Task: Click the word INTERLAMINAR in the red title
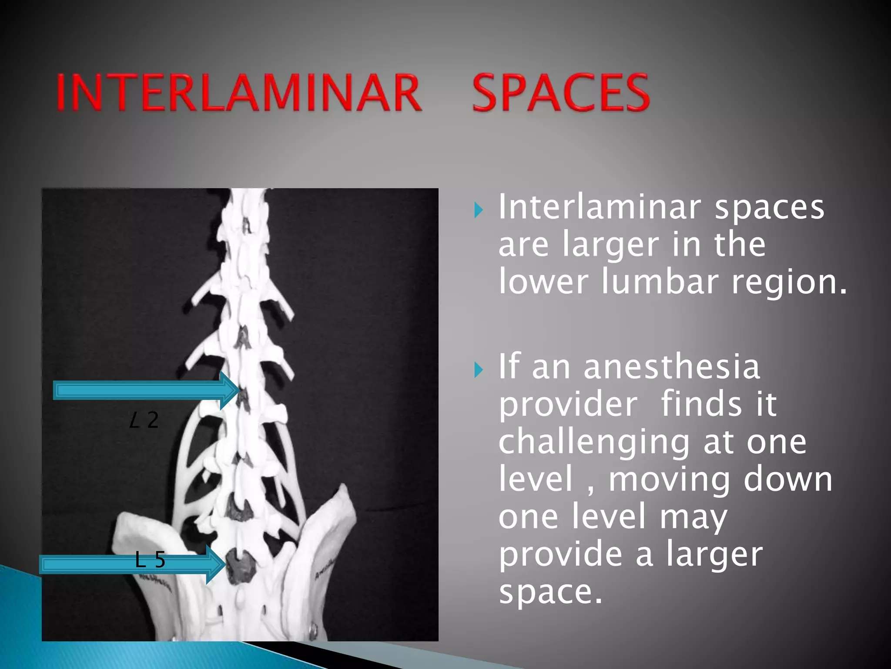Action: pos(238,92)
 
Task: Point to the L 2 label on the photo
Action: pos(144,420)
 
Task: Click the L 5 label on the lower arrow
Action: pos(150,560)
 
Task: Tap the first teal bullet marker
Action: pos(479,210)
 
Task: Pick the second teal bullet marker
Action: pos(479,370)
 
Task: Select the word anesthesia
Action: pos(672,367)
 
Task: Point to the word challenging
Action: pos(594,443)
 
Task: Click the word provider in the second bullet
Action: pos(568,405)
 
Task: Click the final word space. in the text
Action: pos(550,592)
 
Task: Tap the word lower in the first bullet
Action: pos(543,282)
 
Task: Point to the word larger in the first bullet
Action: pos(611,245)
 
